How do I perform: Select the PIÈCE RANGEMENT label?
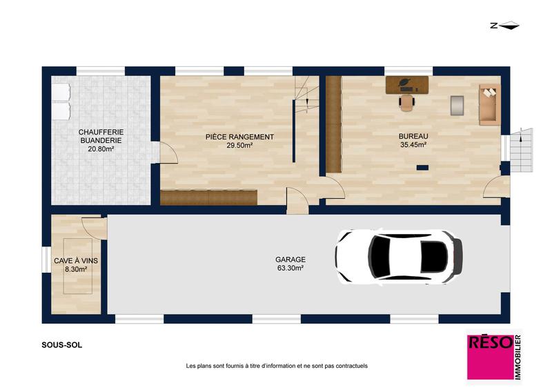(239, 137)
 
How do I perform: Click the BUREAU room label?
(413, 137)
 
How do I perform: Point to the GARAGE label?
(290, 260)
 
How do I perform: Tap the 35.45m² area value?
(413, 145)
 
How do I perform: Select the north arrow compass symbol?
(504, 26)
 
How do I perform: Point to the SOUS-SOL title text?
(61, 345)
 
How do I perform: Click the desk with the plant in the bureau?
(407, 85)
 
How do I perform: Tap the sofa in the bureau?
(489, 105)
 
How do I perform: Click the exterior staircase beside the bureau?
(522, 150)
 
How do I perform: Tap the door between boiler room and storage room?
(168, 153)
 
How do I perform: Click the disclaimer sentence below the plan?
(277, 366)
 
